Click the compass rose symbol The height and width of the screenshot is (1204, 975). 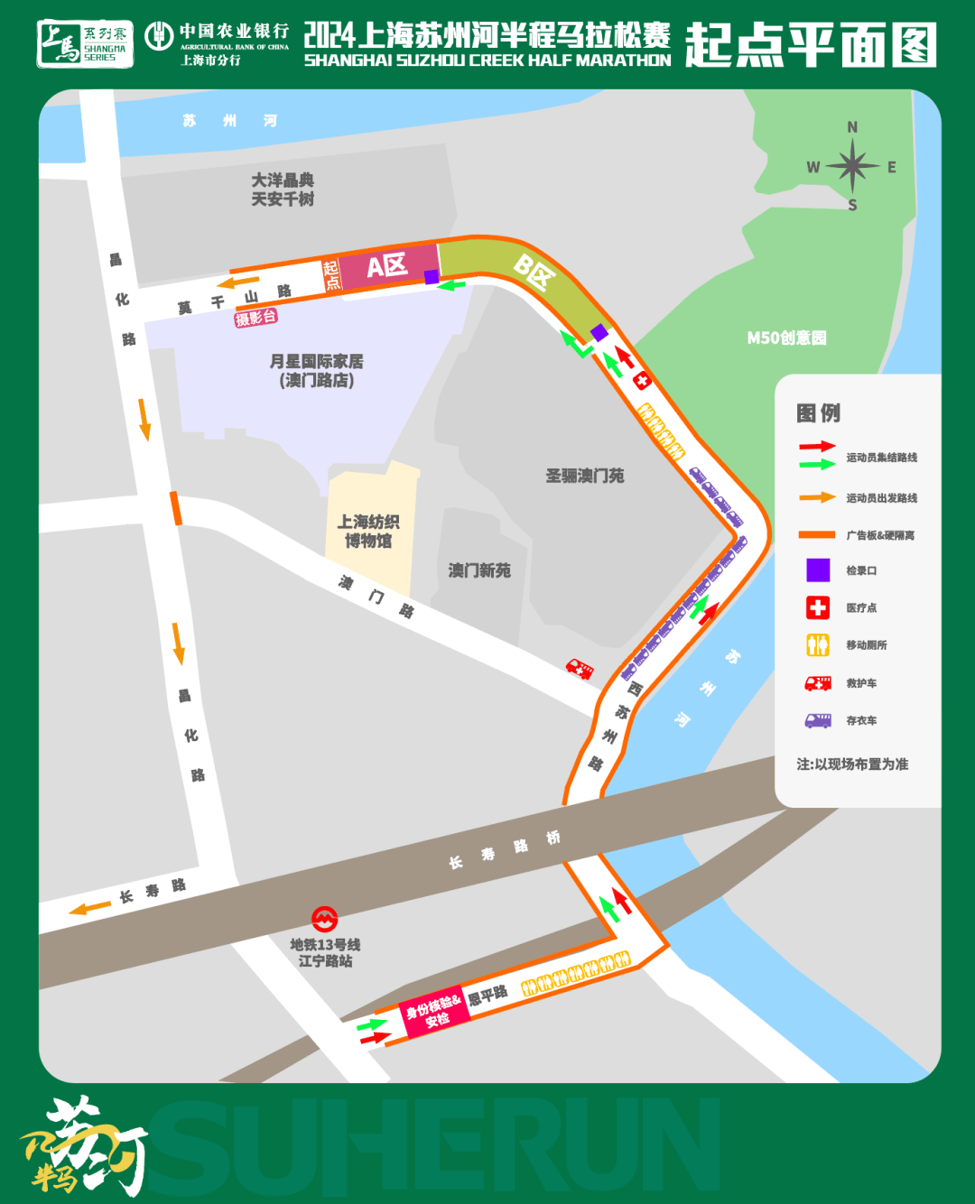(851, 166)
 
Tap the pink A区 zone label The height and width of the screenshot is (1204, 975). (386, 266)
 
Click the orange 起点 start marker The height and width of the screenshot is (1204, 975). (331, 275)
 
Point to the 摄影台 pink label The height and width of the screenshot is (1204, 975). (255, 318)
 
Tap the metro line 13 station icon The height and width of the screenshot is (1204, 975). (324, 920)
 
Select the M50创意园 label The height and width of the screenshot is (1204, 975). (786, 338)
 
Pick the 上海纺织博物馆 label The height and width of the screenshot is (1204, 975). (368, 531)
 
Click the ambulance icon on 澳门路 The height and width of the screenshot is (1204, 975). (580, 669)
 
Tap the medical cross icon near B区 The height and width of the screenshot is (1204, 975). (642, 381)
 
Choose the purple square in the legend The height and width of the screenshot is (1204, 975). (818, 570)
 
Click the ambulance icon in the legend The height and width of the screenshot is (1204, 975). (818, 683)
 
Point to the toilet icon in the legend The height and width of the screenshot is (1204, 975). (818, 645)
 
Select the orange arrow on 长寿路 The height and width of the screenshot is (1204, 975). (90, 908)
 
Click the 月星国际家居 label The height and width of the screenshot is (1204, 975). (317, 370)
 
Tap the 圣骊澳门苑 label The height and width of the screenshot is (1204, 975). (584, 476)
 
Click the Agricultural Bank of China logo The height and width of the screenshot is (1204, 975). (159, 36)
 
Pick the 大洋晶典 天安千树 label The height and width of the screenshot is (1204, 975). (283, 190)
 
